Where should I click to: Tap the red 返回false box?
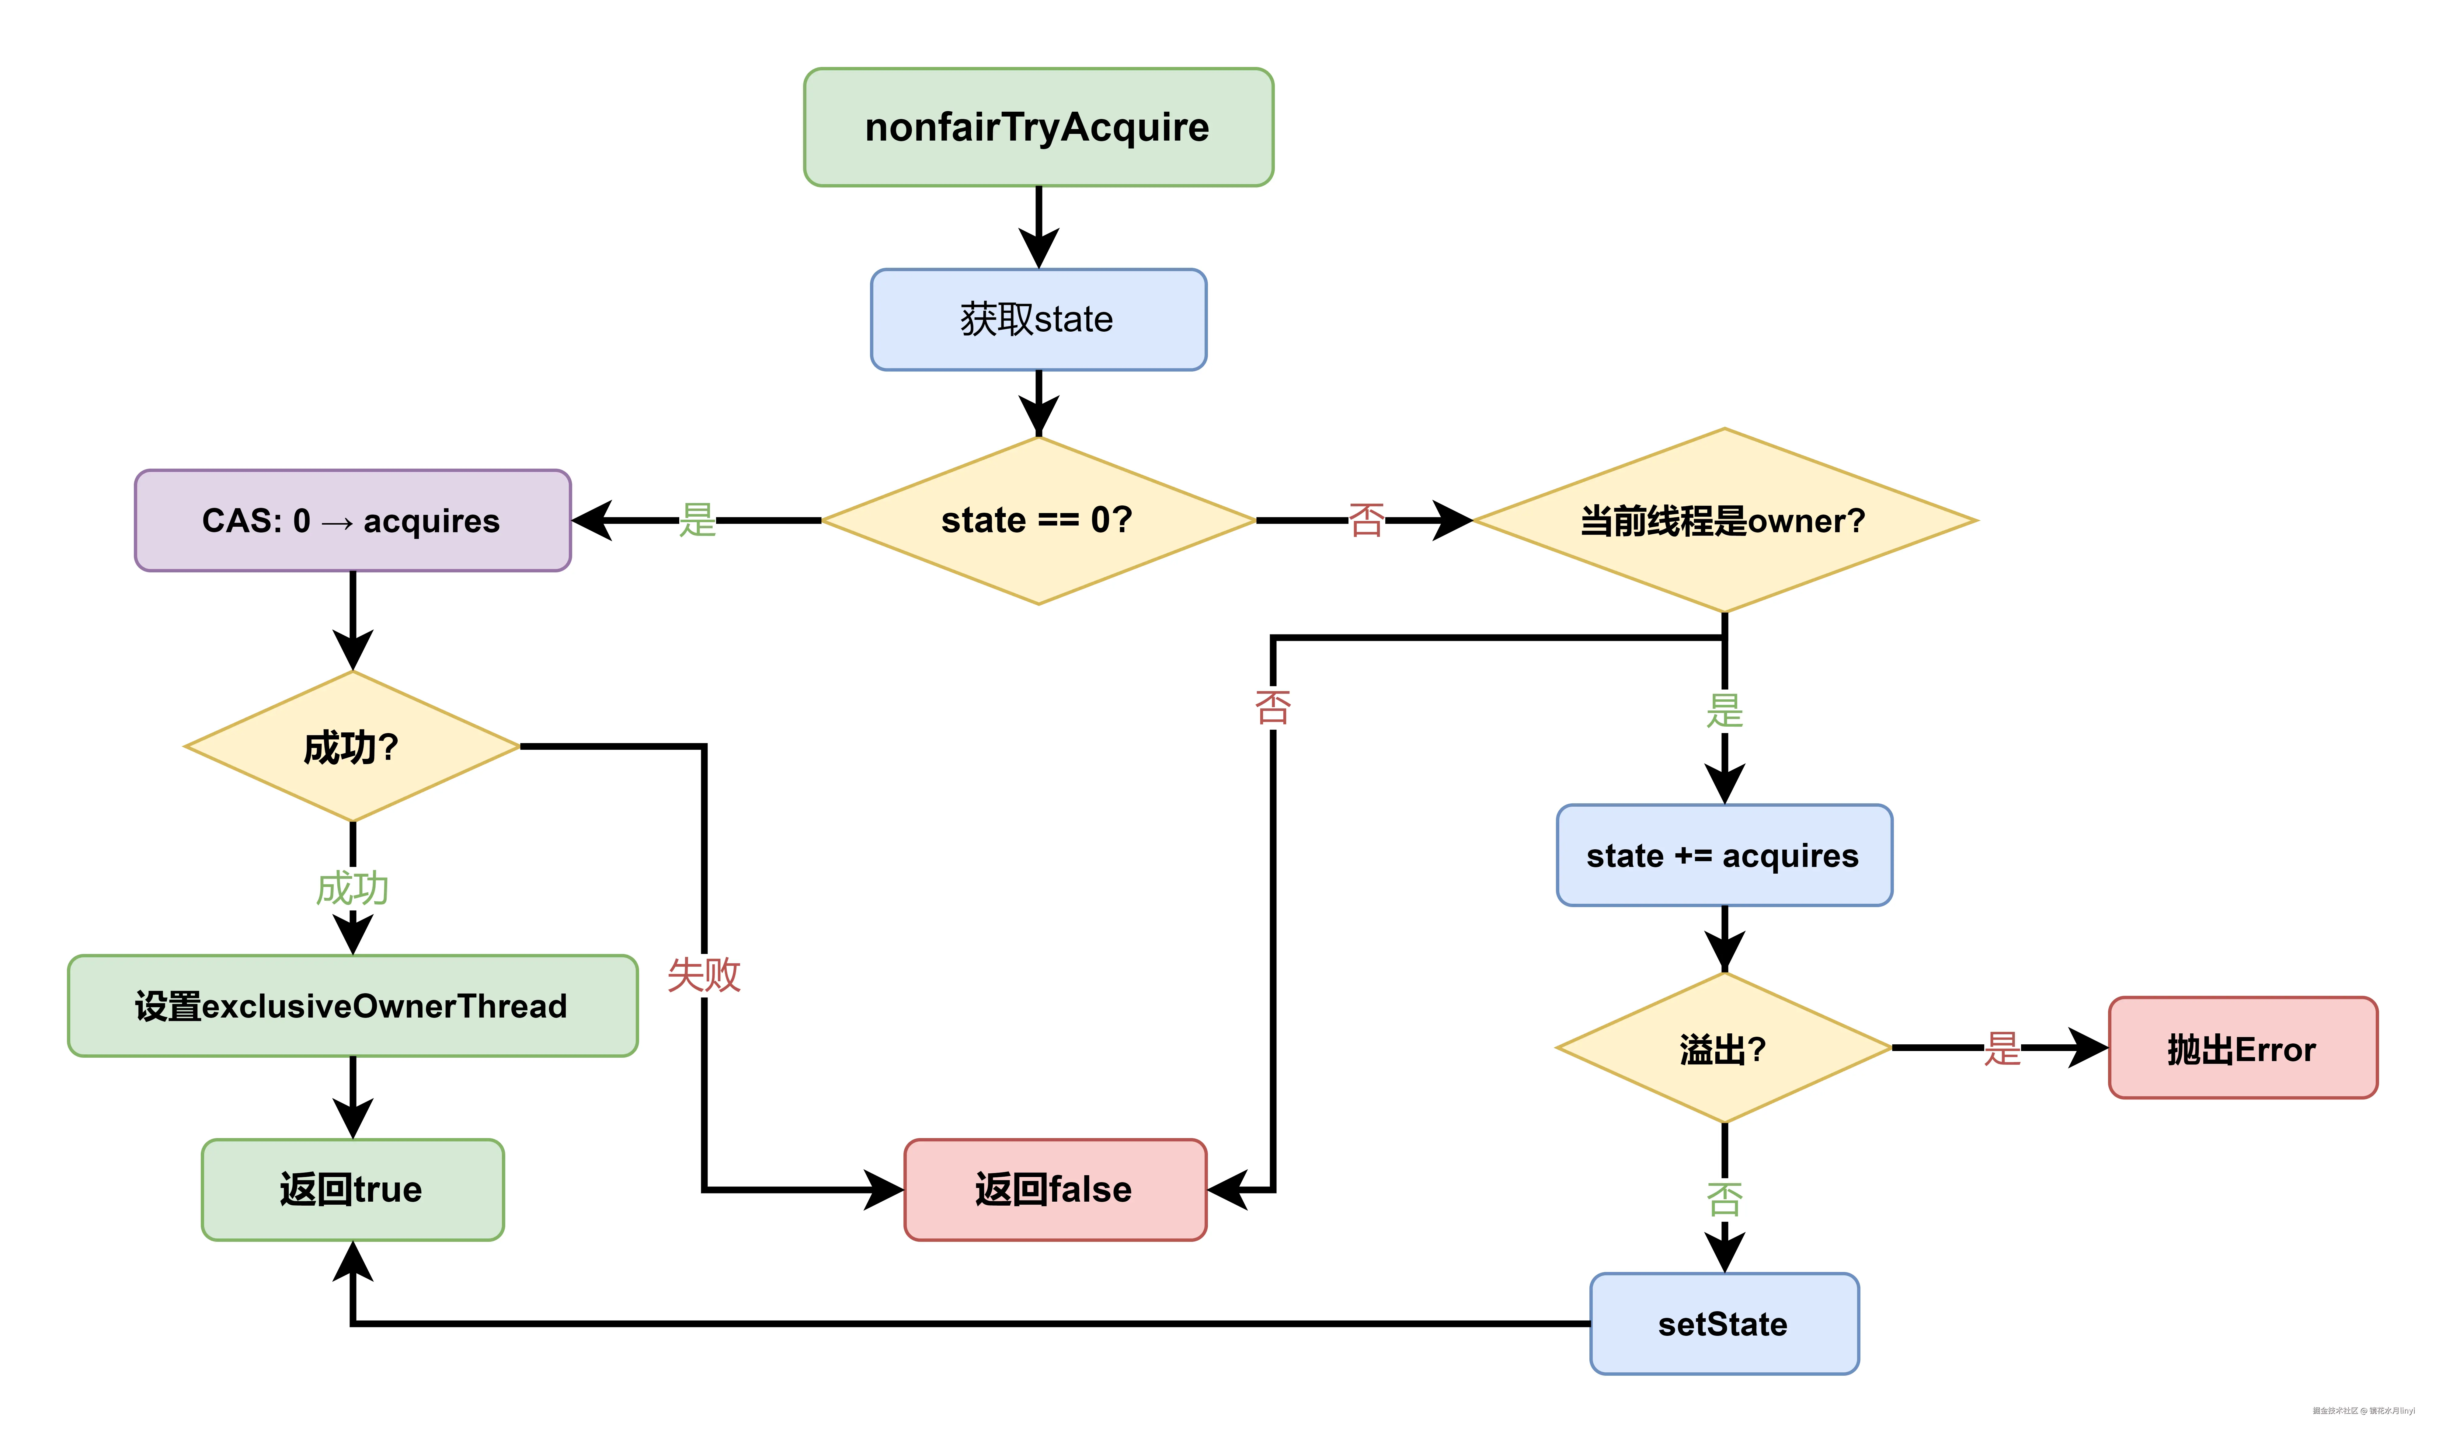[x=1055, y=1190]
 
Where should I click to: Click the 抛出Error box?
[x=2242, y=1049]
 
